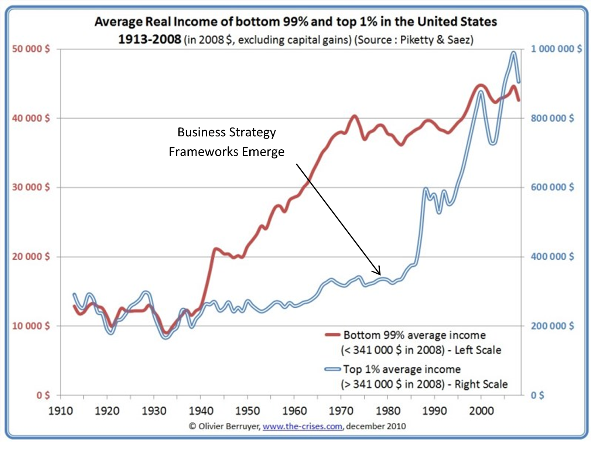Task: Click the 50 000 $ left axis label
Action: [x=31, y=49]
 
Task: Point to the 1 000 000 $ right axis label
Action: [x=556, y=49]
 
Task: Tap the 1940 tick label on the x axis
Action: [x=201, y=411]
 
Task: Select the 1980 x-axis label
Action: [x=388, y=411]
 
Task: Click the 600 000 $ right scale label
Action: [x=552, y=187]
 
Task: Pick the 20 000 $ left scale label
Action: [x=31, y=257]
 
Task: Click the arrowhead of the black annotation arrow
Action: [x=379, y=273]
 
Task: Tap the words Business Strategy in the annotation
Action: [x=226, y=132]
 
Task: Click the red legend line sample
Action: [x=332, y=335]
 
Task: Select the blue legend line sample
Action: [x=332, y=369]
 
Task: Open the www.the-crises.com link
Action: [x=302, y=426]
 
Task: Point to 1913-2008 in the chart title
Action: [x=150, y=39]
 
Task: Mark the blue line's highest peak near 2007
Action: [x=513, y=53]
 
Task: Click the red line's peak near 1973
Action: [x=354, y=117]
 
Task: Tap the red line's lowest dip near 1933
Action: [x=166, y=333]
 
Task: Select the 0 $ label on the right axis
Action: [x=537, y=396]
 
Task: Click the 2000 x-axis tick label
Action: [x=481, y=411]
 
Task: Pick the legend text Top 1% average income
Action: [x=402, y=369]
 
